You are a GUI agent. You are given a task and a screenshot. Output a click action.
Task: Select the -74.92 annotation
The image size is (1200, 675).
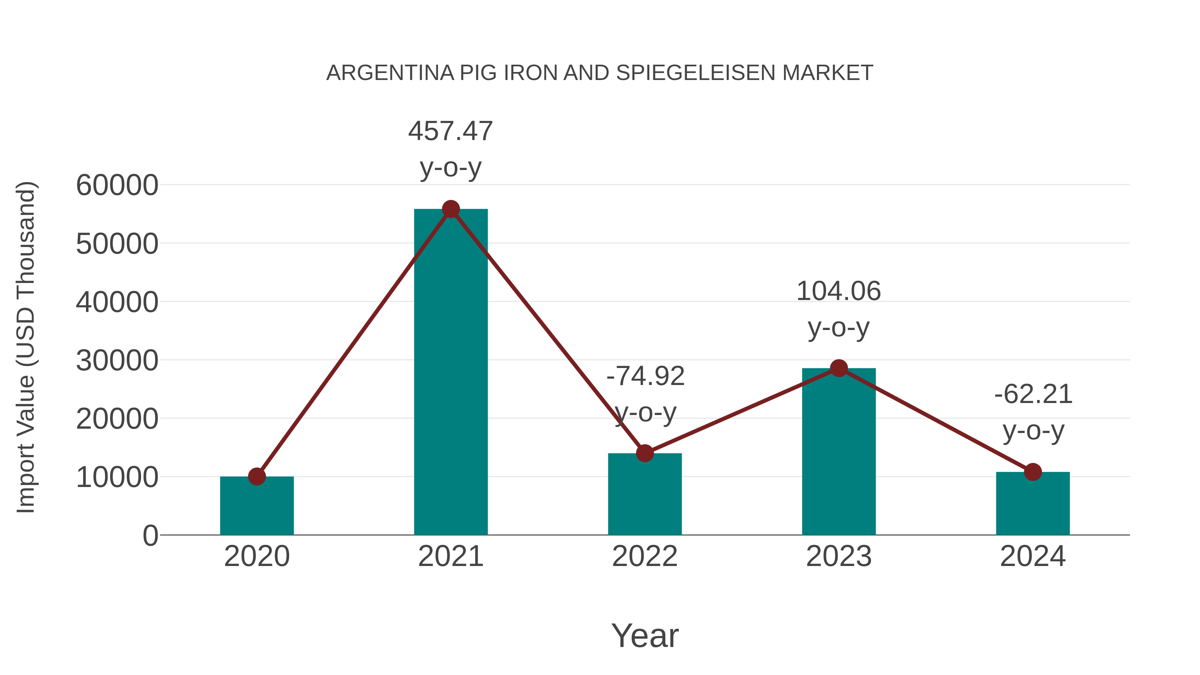click(645, 376)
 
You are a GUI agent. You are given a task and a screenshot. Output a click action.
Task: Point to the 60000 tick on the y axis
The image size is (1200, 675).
click(117, 185)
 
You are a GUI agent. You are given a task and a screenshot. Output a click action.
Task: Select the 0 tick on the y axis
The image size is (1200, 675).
click(150, 535)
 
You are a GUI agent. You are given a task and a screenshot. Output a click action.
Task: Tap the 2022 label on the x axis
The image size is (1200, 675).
click(645, 556)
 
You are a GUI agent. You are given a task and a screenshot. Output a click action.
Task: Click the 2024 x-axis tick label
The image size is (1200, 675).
click(1033, 556)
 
